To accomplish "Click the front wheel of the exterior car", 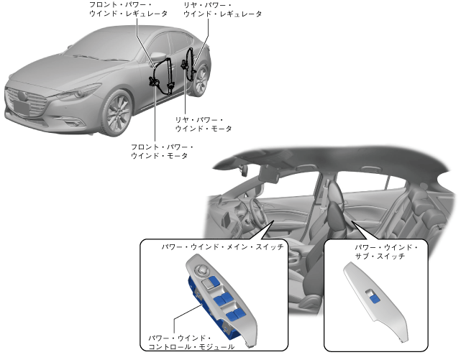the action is (117, 115).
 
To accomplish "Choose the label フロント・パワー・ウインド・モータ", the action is (161, 151).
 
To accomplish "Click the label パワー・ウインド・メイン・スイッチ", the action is (222, 246).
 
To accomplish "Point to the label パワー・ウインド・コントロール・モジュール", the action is (190, 341).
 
